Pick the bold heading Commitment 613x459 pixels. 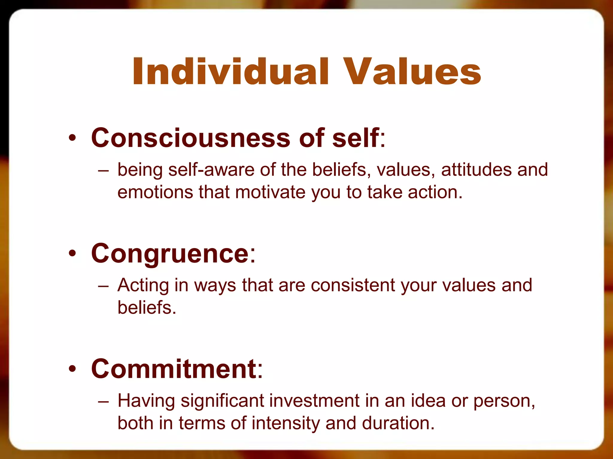(x=174, y=369)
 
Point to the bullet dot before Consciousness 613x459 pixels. (x=72, y=138)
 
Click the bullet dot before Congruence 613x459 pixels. (x=72, y=253)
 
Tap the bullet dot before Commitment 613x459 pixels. (x=72, y=369)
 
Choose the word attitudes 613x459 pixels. (x=476, y=169)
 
